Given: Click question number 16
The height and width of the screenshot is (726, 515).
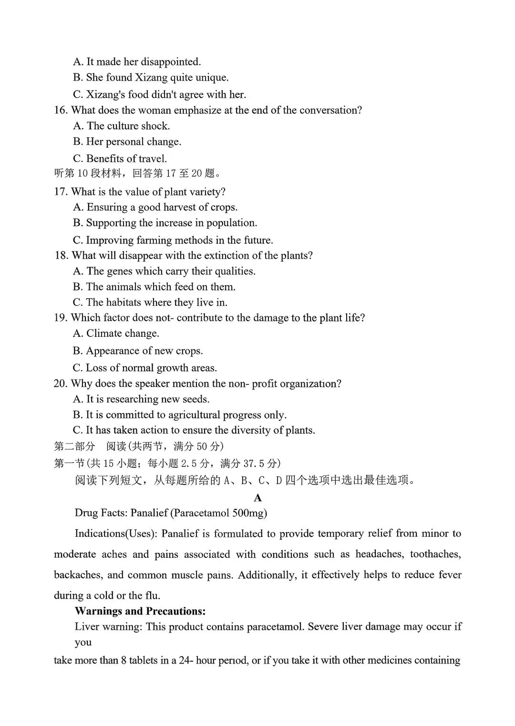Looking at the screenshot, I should click(61, 111).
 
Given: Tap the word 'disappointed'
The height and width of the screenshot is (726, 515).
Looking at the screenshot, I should click(170, 62).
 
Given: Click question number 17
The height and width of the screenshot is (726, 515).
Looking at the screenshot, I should click(61, 192).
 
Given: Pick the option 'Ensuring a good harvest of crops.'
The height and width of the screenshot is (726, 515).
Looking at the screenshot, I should click(155, 207).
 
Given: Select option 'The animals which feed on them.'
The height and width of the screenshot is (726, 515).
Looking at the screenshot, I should click(154, 287).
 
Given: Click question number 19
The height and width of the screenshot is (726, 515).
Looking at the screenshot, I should click(61, 318).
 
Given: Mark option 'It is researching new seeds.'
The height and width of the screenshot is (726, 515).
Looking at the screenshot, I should click(142, 399).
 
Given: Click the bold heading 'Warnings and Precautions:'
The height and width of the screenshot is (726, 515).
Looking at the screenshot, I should click(140, 611).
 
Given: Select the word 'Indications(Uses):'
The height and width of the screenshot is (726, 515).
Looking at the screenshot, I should click(116, 534).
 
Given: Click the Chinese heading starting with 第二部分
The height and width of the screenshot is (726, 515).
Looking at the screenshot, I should click(75, 447).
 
